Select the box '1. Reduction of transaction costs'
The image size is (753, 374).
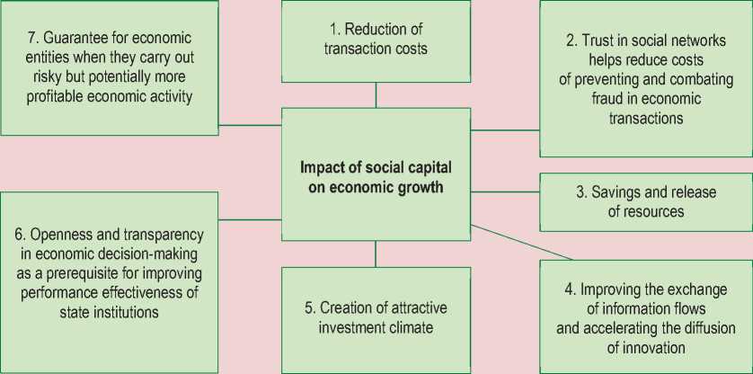[x=376, y=40]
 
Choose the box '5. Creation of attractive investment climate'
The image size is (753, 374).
[x=376, y=319]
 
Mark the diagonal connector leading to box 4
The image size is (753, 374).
[x=521, y=241]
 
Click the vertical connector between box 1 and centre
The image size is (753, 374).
[x=376, y=94]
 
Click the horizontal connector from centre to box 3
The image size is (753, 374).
[x=504, y=191]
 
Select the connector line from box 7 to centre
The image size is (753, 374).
[x=249, y=125]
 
